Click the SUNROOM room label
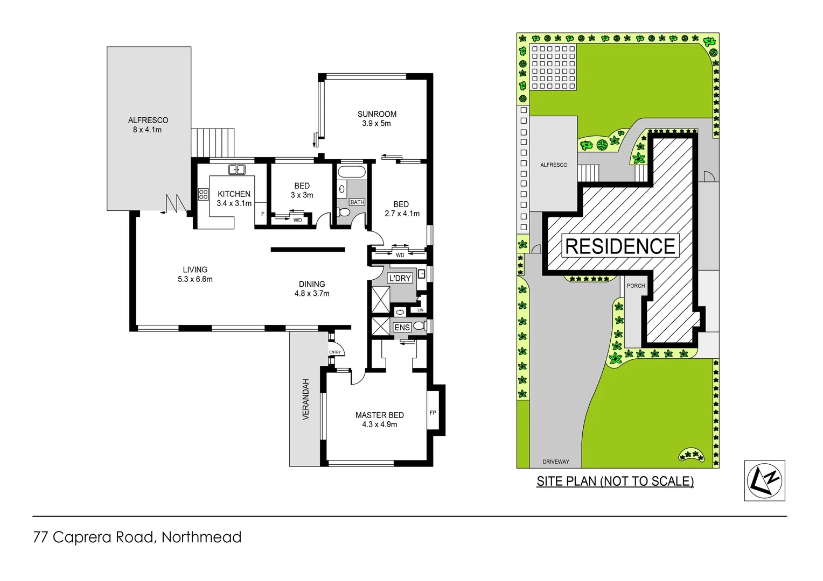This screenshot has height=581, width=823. pyautogui.click(x=376, y=114)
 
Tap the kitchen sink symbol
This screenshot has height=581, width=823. pyautogui.click(x=236, y=170)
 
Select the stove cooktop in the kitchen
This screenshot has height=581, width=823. pyautogui.click(x=203, y=194)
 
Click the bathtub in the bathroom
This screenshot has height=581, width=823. pyautogui.click(x=351, y=172)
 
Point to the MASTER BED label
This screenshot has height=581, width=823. pyautogui.click(x=379, y=415)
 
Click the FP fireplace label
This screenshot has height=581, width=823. pyautogui.click(x=433, y=413)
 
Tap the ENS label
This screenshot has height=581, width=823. pyautogui.click(x=402, y=328)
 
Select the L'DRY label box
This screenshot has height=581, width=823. pyautogui.click(x=400, y=278)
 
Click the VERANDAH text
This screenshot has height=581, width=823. pyautogui.click(x=306, y=399)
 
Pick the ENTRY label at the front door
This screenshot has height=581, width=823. pyautogui.click(x=335, y=352)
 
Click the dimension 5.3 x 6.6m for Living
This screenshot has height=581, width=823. pyautogui.click(x=195, y=279)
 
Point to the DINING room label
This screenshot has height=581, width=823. pyautogui.click(x=312, y=284)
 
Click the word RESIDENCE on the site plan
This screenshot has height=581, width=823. pyautogui.click(x=620, y=246)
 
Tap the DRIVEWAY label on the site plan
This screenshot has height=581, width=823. pyautogui.click(x=556, y=462)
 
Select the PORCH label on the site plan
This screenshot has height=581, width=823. pyautogui.click(x=636, y=286)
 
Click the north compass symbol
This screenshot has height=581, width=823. pyautogui.click(x=764, y=480)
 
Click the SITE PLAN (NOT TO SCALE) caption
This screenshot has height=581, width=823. pyautogui.click(x=615, y=481)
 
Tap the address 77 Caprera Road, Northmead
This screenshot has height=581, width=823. pyautogui.click(x=137, y=537)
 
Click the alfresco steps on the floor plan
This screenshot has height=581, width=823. pyautogui.click(x=213, y=143)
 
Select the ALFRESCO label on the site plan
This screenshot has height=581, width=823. pyautogui.click(x=554, y=165)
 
